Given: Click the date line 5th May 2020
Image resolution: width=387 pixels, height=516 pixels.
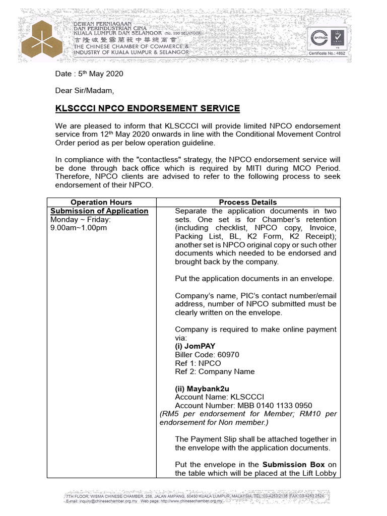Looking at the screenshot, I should point(89,74).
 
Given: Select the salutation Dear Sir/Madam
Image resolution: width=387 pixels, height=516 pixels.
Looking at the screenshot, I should point(85,91).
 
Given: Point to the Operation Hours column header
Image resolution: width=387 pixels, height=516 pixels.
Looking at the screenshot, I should point(101,202).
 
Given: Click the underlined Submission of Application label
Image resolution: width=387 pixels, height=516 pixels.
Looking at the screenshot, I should point(99,211).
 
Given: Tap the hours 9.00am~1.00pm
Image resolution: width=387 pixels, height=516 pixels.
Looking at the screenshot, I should point(78,228).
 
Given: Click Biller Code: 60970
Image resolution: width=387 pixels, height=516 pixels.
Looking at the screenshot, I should point(207,355).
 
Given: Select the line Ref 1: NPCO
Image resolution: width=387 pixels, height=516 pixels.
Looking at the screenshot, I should point(198,363).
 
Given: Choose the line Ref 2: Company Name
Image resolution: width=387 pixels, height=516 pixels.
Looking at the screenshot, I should point(215,372).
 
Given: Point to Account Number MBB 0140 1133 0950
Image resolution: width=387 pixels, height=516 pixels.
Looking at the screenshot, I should point(243,406).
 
